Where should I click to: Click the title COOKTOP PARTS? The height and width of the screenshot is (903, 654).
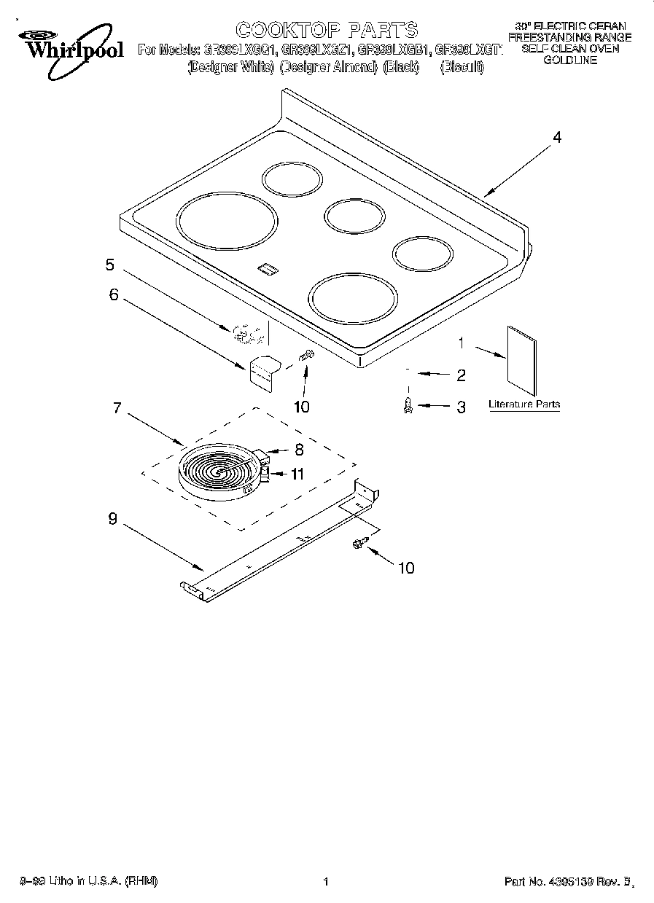pos(327,30)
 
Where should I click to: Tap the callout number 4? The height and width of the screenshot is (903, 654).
pos(557,137)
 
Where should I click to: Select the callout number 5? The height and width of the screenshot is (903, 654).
pos(110,265)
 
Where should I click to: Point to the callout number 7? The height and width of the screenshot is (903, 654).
pos(117,407)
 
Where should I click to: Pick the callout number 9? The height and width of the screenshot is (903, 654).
pos(112,518)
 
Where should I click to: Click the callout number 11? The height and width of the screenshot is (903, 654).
pos(297,474)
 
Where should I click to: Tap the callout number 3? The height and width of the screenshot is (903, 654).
pos(461,407)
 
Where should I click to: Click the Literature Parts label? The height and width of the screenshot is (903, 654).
pos(524,404)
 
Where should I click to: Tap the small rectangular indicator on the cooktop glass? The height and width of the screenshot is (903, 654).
pos(267,270)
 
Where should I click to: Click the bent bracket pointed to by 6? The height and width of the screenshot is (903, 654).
pos(264,370)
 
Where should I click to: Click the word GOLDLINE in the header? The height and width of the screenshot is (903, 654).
pos(569,60)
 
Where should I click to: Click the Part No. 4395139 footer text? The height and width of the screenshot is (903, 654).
pos(567,882)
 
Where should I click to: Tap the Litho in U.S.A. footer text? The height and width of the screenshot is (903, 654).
pos(90,882)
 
